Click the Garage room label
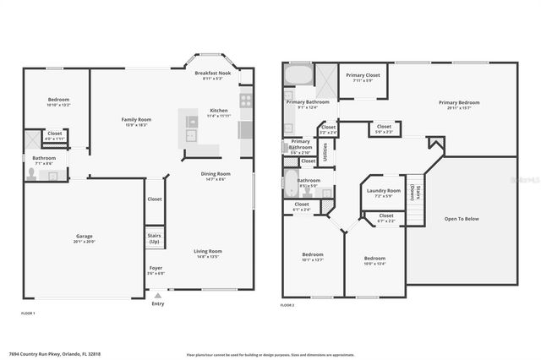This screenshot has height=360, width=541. [x=82, y=237]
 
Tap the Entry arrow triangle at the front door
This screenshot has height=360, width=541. [x=157, y=296]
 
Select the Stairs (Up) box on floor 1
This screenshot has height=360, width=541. [x=155, y=238]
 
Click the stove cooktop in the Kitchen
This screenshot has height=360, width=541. [x=245, y=100]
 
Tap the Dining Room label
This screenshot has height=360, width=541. [x=213, y=173]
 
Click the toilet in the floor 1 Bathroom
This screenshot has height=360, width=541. [x=31, y=173]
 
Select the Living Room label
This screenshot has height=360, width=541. [x=207, y=250]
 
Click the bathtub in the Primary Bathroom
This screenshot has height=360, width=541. [x=298, y=75]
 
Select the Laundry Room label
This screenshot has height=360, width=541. [x=384, y=190]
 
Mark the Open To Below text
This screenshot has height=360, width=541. [x=462, y=218]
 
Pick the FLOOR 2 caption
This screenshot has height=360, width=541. [x=288, y=314]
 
